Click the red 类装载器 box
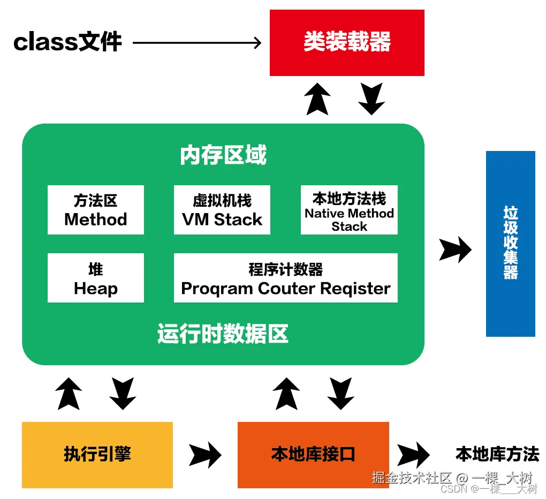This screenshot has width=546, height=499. click(347, 43)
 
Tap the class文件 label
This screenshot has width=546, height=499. click(68, 42)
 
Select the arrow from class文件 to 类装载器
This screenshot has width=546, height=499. click(196, 42)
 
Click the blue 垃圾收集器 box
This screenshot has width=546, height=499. click(510, 244)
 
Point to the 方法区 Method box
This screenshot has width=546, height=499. click(96, 210)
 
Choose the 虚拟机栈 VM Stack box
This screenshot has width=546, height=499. click(222, 210)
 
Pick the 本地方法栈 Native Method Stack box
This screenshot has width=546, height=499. click(349, 210)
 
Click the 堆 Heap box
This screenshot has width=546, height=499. click(96, 278)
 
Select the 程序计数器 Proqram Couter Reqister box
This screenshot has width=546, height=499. click(286, 278)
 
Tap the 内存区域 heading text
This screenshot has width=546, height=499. click(223, 155)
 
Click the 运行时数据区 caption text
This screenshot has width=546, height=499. click(223, 334)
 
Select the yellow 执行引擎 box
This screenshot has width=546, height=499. click(97, 455)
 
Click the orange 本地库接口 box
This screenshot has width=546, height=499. click(313, 455)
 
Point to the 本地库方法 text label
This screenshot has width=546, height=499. click(497, 454)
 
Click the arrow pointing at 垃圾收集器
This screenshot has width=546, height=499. click(455, 249)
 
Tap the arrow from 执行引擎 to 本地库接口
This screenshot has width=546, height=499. click(205, 455)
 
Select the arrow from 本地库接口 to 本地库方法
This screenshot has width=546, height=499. click(413, 455)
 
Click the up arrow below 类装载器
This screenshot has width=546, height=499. click(317, 99)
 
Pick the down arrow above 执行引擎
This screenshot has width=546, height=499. click(123, 394)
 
